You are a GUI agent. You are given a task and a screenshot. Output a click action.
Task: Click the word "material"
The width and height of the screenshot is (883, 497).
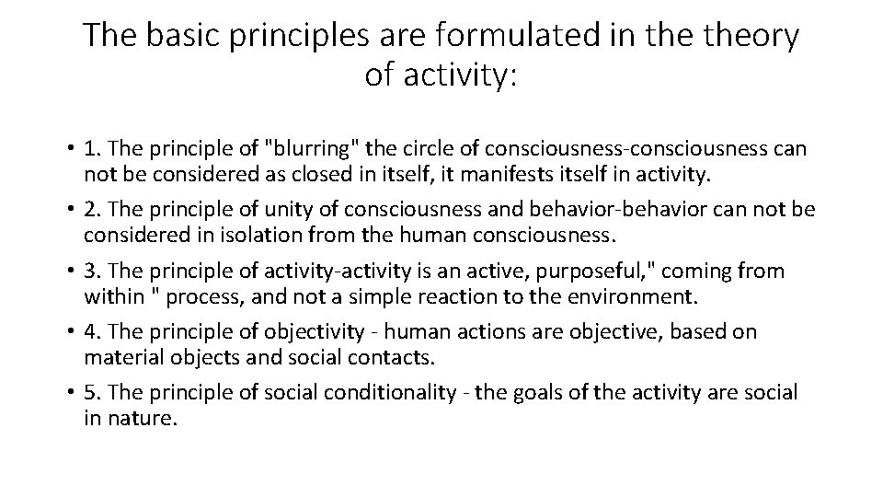(118, 356)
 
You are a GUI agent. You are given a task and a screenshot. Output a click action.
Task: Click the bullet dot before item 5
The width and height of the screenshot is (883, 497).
(70, 393)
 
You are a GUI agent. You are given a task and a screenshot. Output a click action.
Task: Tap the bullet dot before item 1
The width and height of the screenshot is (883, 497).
(70, 149)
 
